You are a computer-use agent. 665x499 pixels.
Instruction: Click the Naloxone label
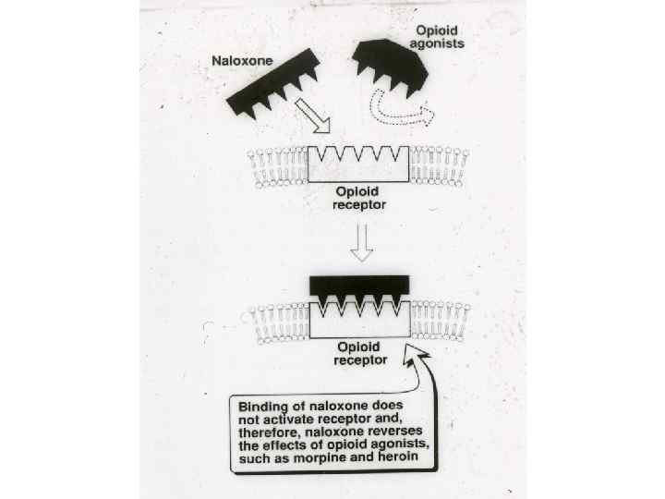point(242,61)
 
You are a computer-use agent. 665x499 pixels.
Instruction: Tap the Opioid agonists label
point(437,37)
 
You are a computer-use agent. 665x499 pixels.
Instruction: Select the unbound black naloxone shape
point(272,83)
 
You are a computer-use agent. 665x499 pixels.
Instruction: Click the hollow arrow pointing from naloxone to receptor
point(313,116)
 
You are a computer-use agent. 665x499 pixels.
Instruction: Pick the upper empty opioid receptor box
point(358,164)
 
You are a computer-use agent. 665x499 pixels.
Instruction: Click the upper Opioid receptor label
point(358,198)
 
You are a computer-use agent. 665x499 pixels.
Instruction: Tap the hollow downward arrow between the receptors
point(362,242)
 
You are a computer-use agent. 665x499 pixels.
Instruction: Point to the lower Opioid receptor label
point(360,353)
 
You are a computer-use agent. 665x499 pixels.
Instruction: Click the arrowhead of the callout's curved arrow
point(414,355)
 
